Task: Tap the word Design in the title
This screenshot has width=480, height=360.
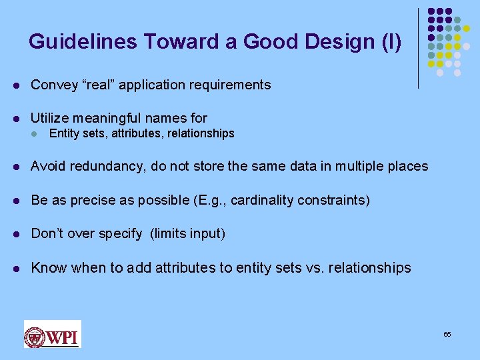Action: coord(337,42)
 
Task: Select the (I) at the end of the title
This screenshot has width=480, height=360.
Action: coord(390,42)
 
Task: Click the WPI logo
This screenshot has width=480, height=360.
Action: coord(52,334)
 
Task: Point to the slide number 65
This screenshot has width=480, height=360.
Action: coord(447,334)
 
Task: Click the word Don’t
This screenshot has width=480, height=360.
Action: coord(47,234)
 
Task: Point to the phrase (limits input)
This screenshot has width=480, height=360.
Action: coord(188,234)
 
